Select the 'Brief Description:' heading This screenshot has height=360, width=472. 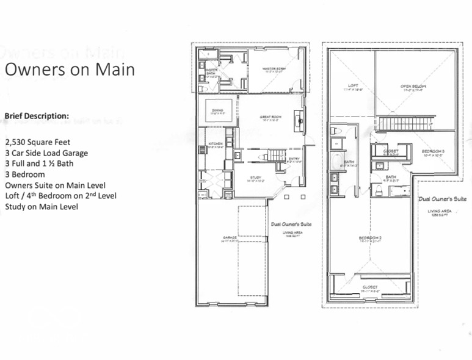coord(37,115)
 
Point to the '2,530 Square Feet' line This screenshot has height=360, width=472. coord(37,142)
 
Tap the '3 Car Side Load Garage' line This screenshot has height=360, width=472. coord(46,153)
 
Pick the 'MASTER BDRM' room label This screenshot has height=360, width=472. coord(275,68)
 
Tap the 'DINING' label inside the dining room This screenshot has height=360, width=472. coord(217,110)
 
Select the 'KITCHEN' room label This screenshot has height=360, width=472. coord(216,144)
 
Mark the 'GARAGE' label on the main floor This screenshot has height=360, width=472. coord(230,238)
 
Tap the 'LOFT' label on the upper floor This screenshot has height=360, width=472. coord(353,86)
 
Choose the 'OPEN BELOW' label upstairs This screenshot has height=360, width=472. coord(413,87)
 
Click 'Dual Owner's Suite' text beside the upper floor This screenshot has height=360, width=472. coord(443,200)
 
